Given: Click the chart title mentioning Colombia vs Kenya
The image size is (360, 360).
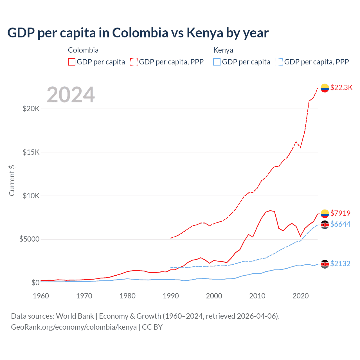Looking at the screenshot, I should pyautogui.click(x=138, y=33).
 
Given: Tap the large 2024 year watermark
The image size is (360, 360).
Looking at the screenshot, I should pyautogui.click(x=71, y=95).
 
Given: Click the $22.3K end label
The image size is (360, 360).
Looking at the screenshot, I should pyautogui.click(x=341, y=87).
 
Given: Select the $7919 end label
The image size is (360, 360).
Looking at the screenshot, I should pyautogui.click(x=340, y=213).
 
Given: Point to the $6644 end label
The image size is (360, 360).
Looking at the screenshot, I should pyautogui.click(x=340, y=224).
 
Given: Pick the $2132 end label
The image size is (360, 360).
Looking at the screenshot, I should pyautogui.click(x=340, y=264).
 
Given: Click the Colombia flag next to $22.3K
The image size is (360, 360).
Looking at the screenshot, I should pyautogui.click(x=325, y=88).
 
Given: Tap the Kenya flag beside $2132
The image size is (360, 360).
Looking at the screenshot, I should pyautogui.click(x=325, y=264).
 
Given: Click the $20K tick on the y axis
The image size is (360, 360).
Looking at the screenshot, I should pyautogui.click(x=31, y=109).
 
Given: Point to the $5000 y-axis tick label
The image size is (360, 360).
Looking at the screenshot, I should pyautogui.click(x=29, y=239).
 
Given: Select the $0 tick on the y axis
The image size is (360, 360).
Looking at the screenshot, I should pyautogui.click(x=35, y=283).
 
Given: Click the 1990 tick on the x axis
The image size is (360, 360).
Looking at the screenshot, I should pyautogui.click(x=171, y=296).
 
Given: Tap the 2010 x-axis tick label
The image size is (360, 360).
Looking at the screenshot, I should pyautogui.click(x=257, y=296).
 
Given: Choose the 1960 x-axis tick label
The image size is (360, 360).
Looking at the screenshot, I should pyautogui.click(x=41, y=296).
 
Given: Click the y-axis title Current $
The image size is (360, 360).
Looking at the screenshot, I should pyautogui.click(x=12, y=181).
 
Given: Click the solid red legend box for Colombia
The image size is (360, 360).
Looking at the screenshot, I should pyautogui.click(x=72, y=62).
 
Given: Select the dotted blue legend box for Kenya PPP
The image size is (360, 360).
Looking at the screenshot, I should pyautogui.click(x=279, y=62).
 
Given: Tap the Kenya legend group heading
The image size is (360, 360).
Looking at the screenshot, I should pyautogui.click(x=223, y=50).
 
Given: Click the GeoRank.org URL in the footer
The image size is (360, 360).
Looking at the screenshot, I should pyautogui.click(x=74, y=327).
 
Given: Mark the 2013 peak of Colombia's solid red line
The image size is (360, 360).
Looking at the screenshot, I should pyautogui.click(x=270, y=210).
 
